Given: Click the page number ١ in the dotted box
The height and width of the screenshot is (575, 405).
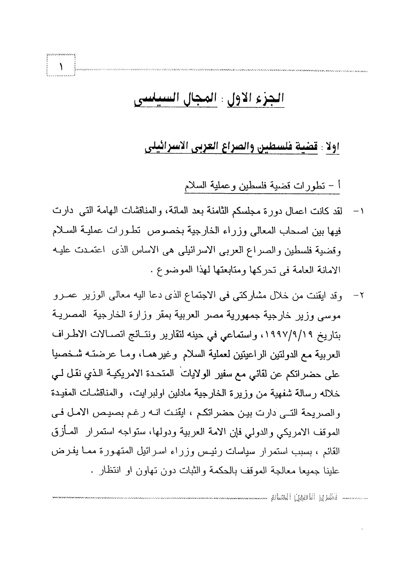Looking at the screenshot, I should (x=61, y=67).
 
